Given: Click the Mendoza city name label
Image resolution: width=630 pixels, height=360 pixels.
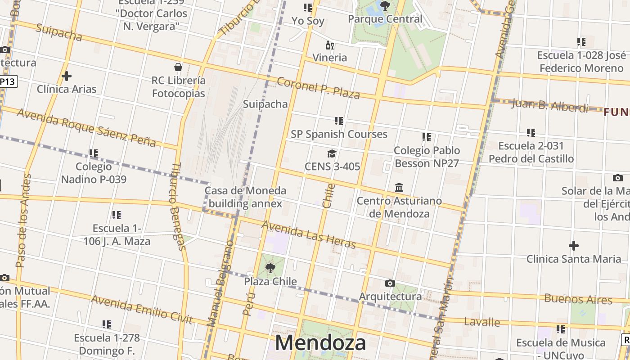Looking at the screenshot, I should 320,343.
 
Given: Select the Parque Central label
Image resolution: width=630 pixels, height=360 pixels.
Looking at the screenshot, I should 385,19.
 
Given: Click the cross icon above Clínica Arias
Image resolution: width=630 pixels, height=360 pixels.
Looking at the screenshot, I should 67,76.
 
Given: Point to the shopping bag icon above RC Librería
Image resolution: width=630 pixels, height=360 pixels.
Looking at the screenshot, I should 178,67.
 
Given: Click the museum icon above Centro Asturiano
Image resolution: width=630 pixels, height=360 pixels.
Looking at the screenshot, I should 399,187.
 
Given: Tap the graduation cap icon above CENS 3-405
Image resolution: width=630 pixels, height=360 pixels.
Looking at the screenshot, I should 332,153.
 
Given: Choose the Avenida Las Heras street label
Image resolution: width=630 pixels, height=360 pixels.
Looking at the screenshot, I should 308,234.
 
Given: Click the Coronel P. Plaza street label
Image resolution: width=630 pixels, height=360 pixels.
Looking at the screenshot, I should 318,88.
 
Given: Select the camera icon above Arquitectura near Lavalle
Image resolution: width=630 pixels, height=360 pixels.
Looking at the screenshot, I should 390,283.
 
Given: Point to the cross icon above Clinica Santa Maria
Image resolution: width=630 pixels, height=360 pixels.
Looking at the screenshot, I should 573,246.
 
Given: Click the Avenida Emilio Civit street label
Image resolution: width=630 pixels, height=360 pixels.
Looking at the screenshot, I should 142,310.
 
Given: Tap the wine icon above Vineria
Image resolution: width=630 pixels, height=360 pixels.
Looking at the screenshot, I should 330,45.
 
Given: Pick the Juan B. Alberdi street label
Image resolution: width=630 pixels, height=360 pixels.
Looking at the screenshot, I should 550,106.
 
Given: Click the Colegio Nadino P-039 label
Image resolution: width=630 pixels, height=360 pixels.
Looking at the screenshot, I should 94,173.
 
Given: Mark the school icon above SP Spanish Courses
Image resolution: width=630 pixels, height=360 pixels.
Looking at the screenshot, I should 339,121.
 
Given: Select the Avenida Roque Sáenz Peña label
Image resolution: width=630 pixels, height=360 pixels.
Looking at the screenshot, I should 86,128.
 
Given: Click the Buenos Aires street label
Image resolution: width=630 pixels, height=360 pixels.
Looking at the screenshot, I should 578,299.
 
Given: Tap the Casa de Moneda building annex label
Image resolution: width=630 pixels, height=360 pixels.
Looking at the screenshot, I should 245,197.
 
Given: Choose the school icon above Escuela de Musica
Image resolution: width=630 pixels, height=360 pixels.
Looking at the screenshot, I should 561,329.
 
